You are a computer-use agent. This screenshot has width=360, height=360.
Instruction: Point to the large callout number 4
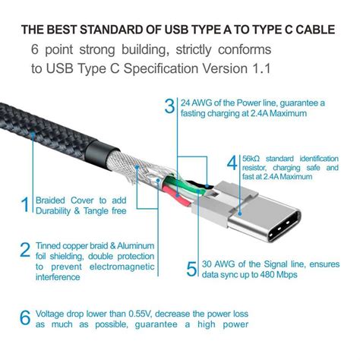coord(232,163)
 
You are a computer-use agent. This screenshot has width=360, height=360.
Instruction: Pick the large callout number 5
coord(192,268)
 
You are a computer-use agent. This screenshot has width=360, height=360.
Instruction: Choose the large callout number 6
coord(26,315)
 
